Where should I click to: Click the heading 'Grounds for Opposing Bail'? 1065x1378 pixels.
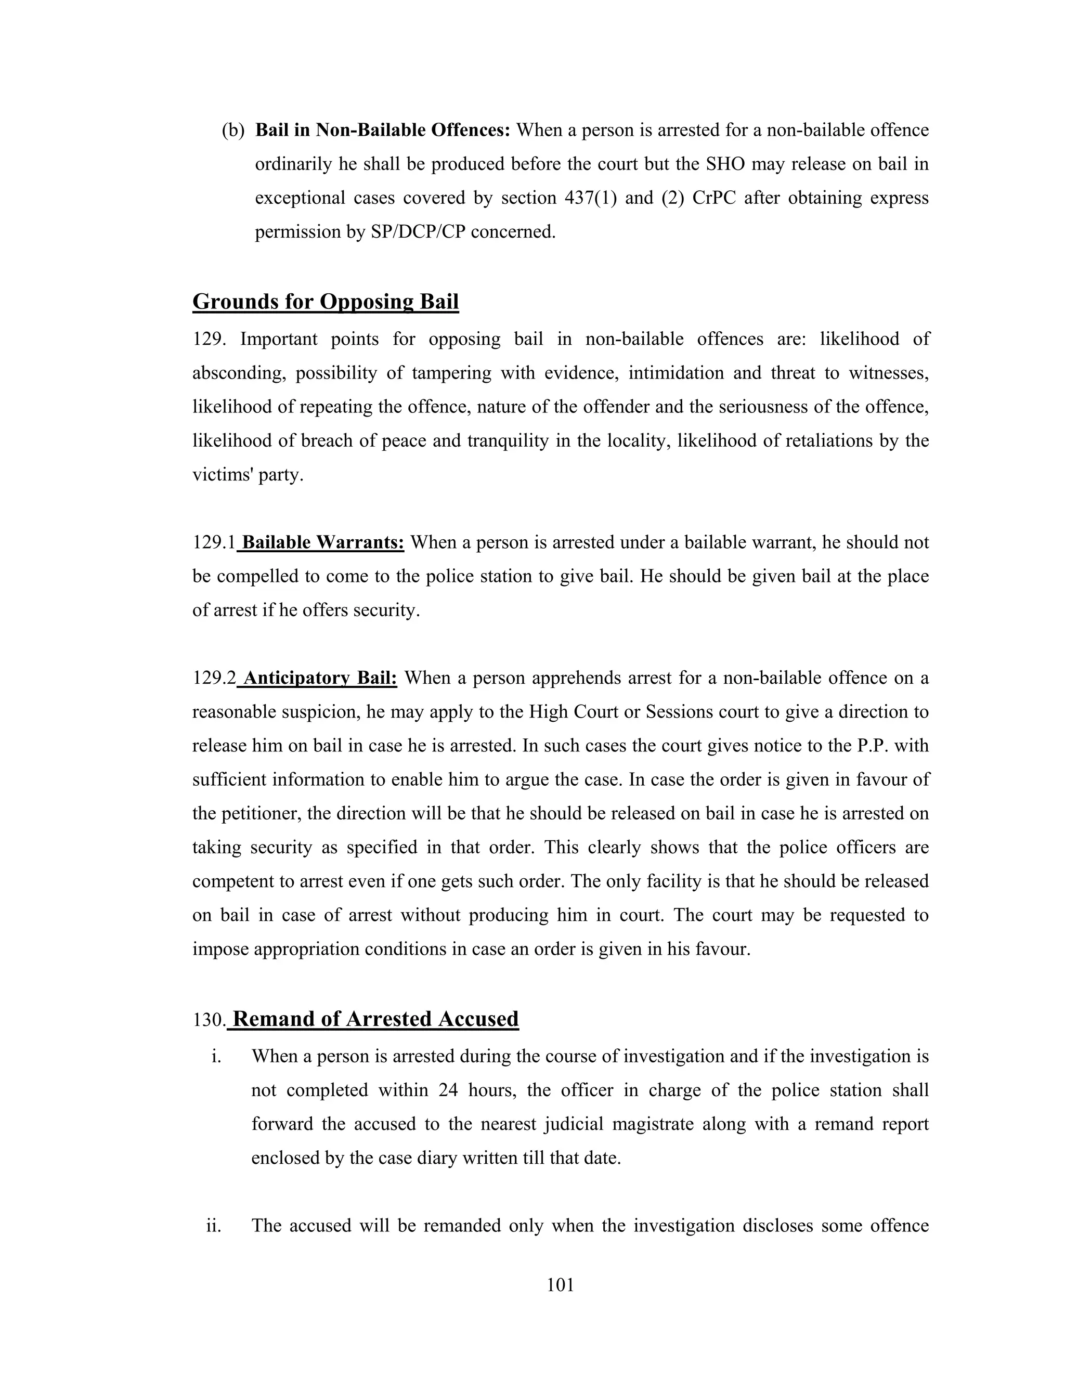point(325,302)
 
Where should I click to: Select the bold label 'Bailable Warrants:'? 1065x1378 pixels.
point(322,542)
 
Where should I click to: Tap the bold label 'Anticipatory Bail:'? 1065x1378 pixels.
point(320,678)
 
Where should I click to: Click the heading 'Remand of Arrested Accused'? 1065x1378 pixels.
point(375,1019)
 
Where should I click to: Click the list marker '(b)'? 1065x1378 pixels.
point(233,131)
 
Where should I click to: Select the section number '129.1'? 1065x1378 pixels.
point(214,542)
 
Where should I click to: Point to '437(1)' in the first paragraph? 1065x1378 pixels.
point(592,198)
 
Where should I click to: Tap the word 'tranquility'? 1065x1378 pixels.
point(508,440)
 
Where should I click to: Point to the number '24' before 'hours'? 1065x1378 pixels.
point(448,1091)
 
